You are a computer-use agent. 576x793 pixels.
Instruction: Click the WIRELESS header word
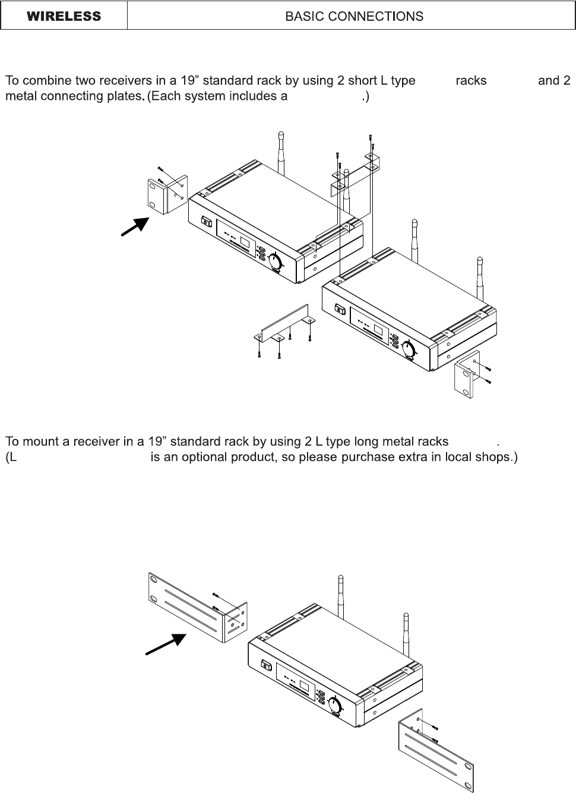coord(64,16)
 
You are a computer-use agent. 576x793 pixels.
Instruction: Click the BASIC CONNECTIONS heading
coord(355,16)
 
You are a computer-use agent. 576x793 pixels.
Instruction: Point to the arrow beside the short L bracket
coord(135,227)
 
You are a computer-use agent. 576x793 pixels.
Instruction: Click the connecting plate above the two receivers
coord(355,173)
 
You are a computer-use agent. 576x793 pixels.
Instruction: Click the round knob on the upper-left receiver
coord(276,261)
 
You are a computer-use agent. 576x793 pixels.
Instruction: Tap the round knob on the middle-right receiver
coord(409,349)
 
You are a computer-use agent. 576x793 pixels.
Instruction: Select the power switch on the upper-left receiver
coord(207,222)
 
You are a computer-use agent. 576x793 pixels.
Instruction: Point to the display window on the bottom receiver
coord(305,688)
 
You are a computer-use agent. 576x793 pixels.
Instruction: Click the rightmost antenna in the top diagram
coord(480,277)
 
